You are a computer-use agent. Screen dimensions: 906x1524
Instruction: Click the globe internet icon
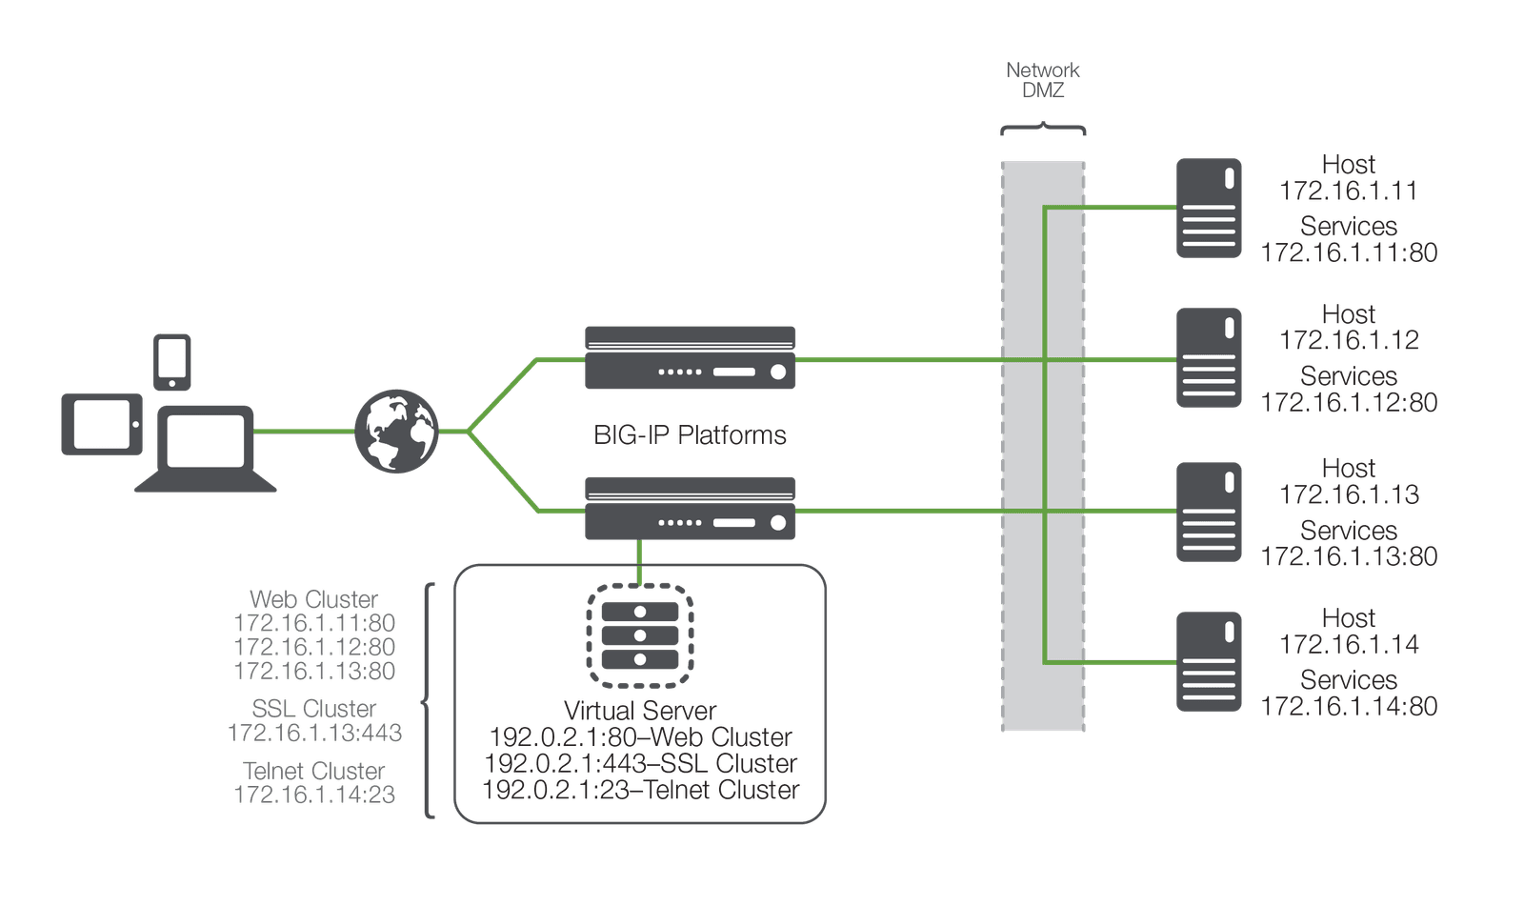coord(396,432)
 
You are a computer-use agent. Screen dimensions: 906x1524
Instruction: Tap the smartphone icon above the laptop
coord(172,361)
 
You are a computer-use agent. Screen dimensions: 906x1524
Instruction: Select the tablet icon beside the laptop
coord(102,424)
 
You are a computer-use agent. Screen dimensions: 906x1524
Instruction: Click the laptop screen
coord(205,440)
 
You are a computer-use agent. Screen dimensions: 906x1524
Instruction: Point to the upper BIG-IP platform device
coord(690,358)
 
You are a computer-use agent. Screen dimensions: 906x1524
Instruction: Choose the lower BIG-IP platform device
coord(690,509)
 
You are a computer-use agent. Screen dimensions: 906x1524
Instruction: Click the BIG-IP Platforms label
coord(690,435)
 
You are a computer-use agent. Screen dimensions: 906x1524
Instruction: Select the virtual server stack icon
coord(639,635)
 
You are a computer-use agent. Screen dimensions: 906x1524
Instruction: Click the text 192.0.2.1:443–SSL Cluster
coord(640,764)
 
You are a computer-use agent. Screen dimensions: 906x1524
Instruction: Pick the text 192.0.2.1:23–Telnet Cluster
coord(640,791)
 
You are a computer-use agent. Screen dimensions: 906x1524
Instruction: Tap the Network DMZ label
coord(1043,80)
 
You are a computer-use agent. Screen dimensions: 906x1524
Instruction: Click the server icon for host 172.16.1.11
coord(1209,209)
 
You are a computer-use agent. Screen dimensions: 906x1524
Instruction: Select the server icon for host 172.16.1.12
coord(1209,358)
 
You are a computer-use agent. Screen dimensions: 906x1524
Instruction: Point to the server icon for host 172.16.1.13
coord(1209,513)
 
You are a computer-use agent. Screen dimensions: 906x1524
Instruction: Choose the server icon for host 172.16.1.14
coord(1209,662)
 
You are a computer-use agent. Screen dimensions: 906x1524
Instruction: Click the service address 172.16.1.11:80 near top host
coord(1349,252)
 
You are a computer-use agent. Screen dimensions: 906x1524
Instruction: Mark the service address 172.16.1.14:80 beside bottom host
coord(1349,706)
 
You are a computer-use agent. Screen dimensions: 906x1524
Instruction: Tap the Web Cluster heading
coord(313,599)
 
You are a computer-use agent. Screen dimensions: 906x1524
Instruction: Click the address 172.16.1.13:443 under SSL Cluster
coord(315,733)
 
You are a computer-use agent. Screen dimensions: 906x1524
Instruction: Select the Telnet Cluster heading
coord(314,771)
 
